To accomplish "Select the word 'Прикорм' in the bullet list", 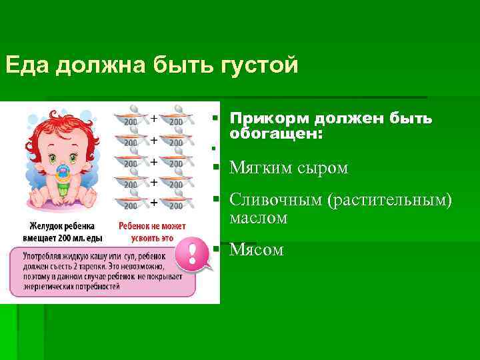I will pyautogui.click(x=270, y=119).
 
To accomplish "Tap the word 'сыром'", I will pyautogui.click(x=318, y=169).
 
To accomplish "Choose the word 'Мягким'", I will pyautogui.click(x=257, y=169).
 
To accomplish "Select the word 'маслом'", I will pyautogui.click(x=259, y=218).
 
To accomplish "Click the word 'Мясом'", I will pyautogui.click(x=257, y=250).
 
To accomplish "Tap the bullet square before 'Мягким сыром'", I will pyautogui.click(x=216, y=169).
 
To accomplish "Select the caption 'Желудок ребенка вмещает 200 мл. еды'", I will pyautogui.click(x=66, y=231).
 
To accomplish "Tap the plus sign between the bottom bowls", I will pyautogui.click(x=154, y=202).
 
